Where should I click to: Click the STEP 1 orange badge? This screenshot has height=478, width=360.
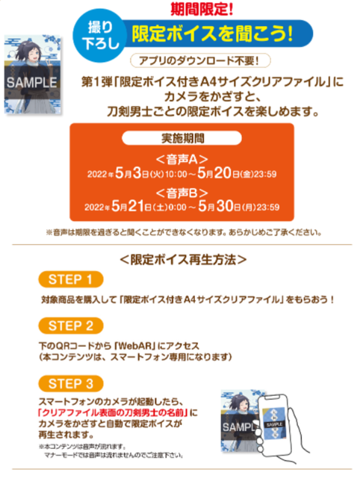click(x=71, y=279)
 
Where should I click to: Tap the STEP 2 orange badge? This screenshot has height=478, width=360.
click(x=71, y=326)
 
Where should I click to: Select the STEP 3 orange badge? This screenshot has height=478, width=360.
click(x=71, y=383)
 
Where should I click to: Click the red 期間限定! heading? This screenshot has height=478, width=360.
click(x=202, y=9)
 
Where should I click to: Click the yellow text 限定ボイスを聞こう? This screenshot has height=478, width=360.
click(x=212, y=33)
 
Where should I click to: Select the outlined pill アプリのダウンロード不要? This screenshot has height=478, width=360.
click(x=200, y=60)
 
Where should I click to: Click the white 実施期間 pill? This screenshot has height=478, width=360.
click(x=181, y=138)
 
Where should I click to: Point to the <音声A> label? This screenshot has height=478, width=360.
click(x=182, y=159)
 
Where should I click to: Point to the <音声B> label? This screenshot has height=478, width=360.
click(x=182, y=193)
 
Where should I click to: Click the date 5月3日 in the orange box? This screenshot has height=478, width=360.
click(x=131, y=173)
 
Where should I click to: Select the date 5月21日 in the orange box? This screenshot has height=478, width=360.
click(x=131, y=206)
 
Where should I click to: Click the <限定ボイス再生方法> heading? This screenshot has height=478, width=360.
click(x=183, y=260)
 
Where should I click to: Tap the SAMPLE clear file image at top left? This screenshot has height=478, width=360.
click(x=33, y=75)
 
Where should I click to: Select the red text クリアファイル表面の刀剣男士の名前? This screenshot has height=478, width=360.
click(x=113, y=413)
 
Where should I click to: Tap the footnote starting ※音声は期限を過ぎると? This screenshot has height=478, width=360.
click(x=184, y=232)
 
